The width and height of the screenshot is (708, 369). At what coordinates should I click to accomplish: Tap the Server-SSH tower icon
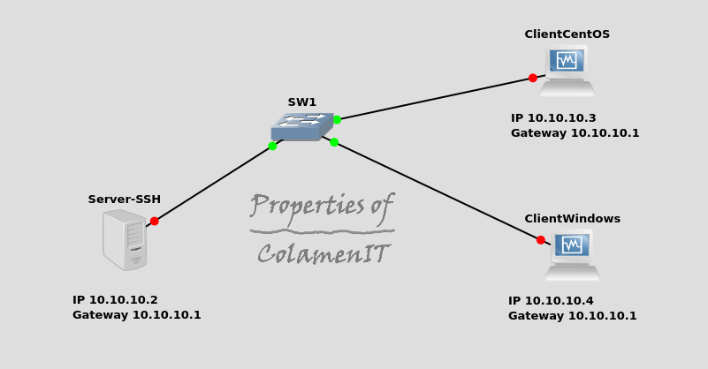(x=124, y=239)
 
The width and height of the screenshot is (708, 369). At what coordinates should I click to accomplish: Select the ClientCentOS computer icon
(x=567, y=71)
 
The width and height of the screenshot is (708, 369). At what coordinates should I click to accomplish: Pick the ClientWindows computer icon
(x=572, y=255)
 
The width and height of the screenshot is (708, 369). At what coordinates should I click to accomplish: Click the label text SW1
(x=301, y=102)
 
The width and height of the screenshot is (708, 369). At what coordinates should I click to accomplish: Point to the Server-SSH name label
(x=124, y=200)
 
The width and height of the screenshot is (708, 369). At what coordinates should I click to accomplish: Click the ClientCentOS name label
(x=567, y=34)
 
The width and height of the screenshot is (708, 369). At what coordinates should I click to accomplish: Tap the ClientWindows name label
(x=572, y=219)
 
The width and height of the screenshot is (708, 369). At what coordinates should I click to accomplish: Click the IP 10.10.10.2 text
(x=115, y=300)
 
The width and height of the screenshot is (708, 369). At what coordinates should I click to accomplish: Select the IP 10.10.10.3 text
(x=553, y=118)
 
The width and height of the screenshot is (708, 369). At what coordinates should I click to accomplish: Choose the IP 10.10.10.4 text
(x=551, y=301)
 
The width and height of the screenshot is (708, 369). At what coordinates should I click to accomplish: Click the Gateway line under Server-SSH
(x=136, y=315)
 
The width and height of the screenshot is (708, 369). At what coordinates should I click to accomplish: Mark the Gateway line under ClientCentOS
(x=575, y=133)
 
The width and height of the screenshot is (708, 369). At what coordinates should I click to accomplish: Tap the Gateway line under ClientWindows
(x=572, y=316)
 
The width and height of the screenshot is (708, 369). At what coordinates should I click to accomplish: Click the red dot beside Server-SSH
(x=154, y=221)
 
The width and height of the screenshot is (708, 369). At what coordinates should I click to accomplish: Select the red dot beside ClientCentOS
(x=532, y=78)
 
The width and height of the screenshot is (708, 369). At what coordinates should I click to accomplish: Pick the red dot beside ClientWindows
(x=540, y=239)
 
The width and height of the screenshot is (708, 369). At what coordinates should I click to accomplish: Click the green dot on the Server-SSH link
(x=272, y=146)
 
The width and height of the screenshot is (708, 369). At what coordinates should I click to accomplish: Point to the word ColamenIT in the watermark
(x=323, y=254)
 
